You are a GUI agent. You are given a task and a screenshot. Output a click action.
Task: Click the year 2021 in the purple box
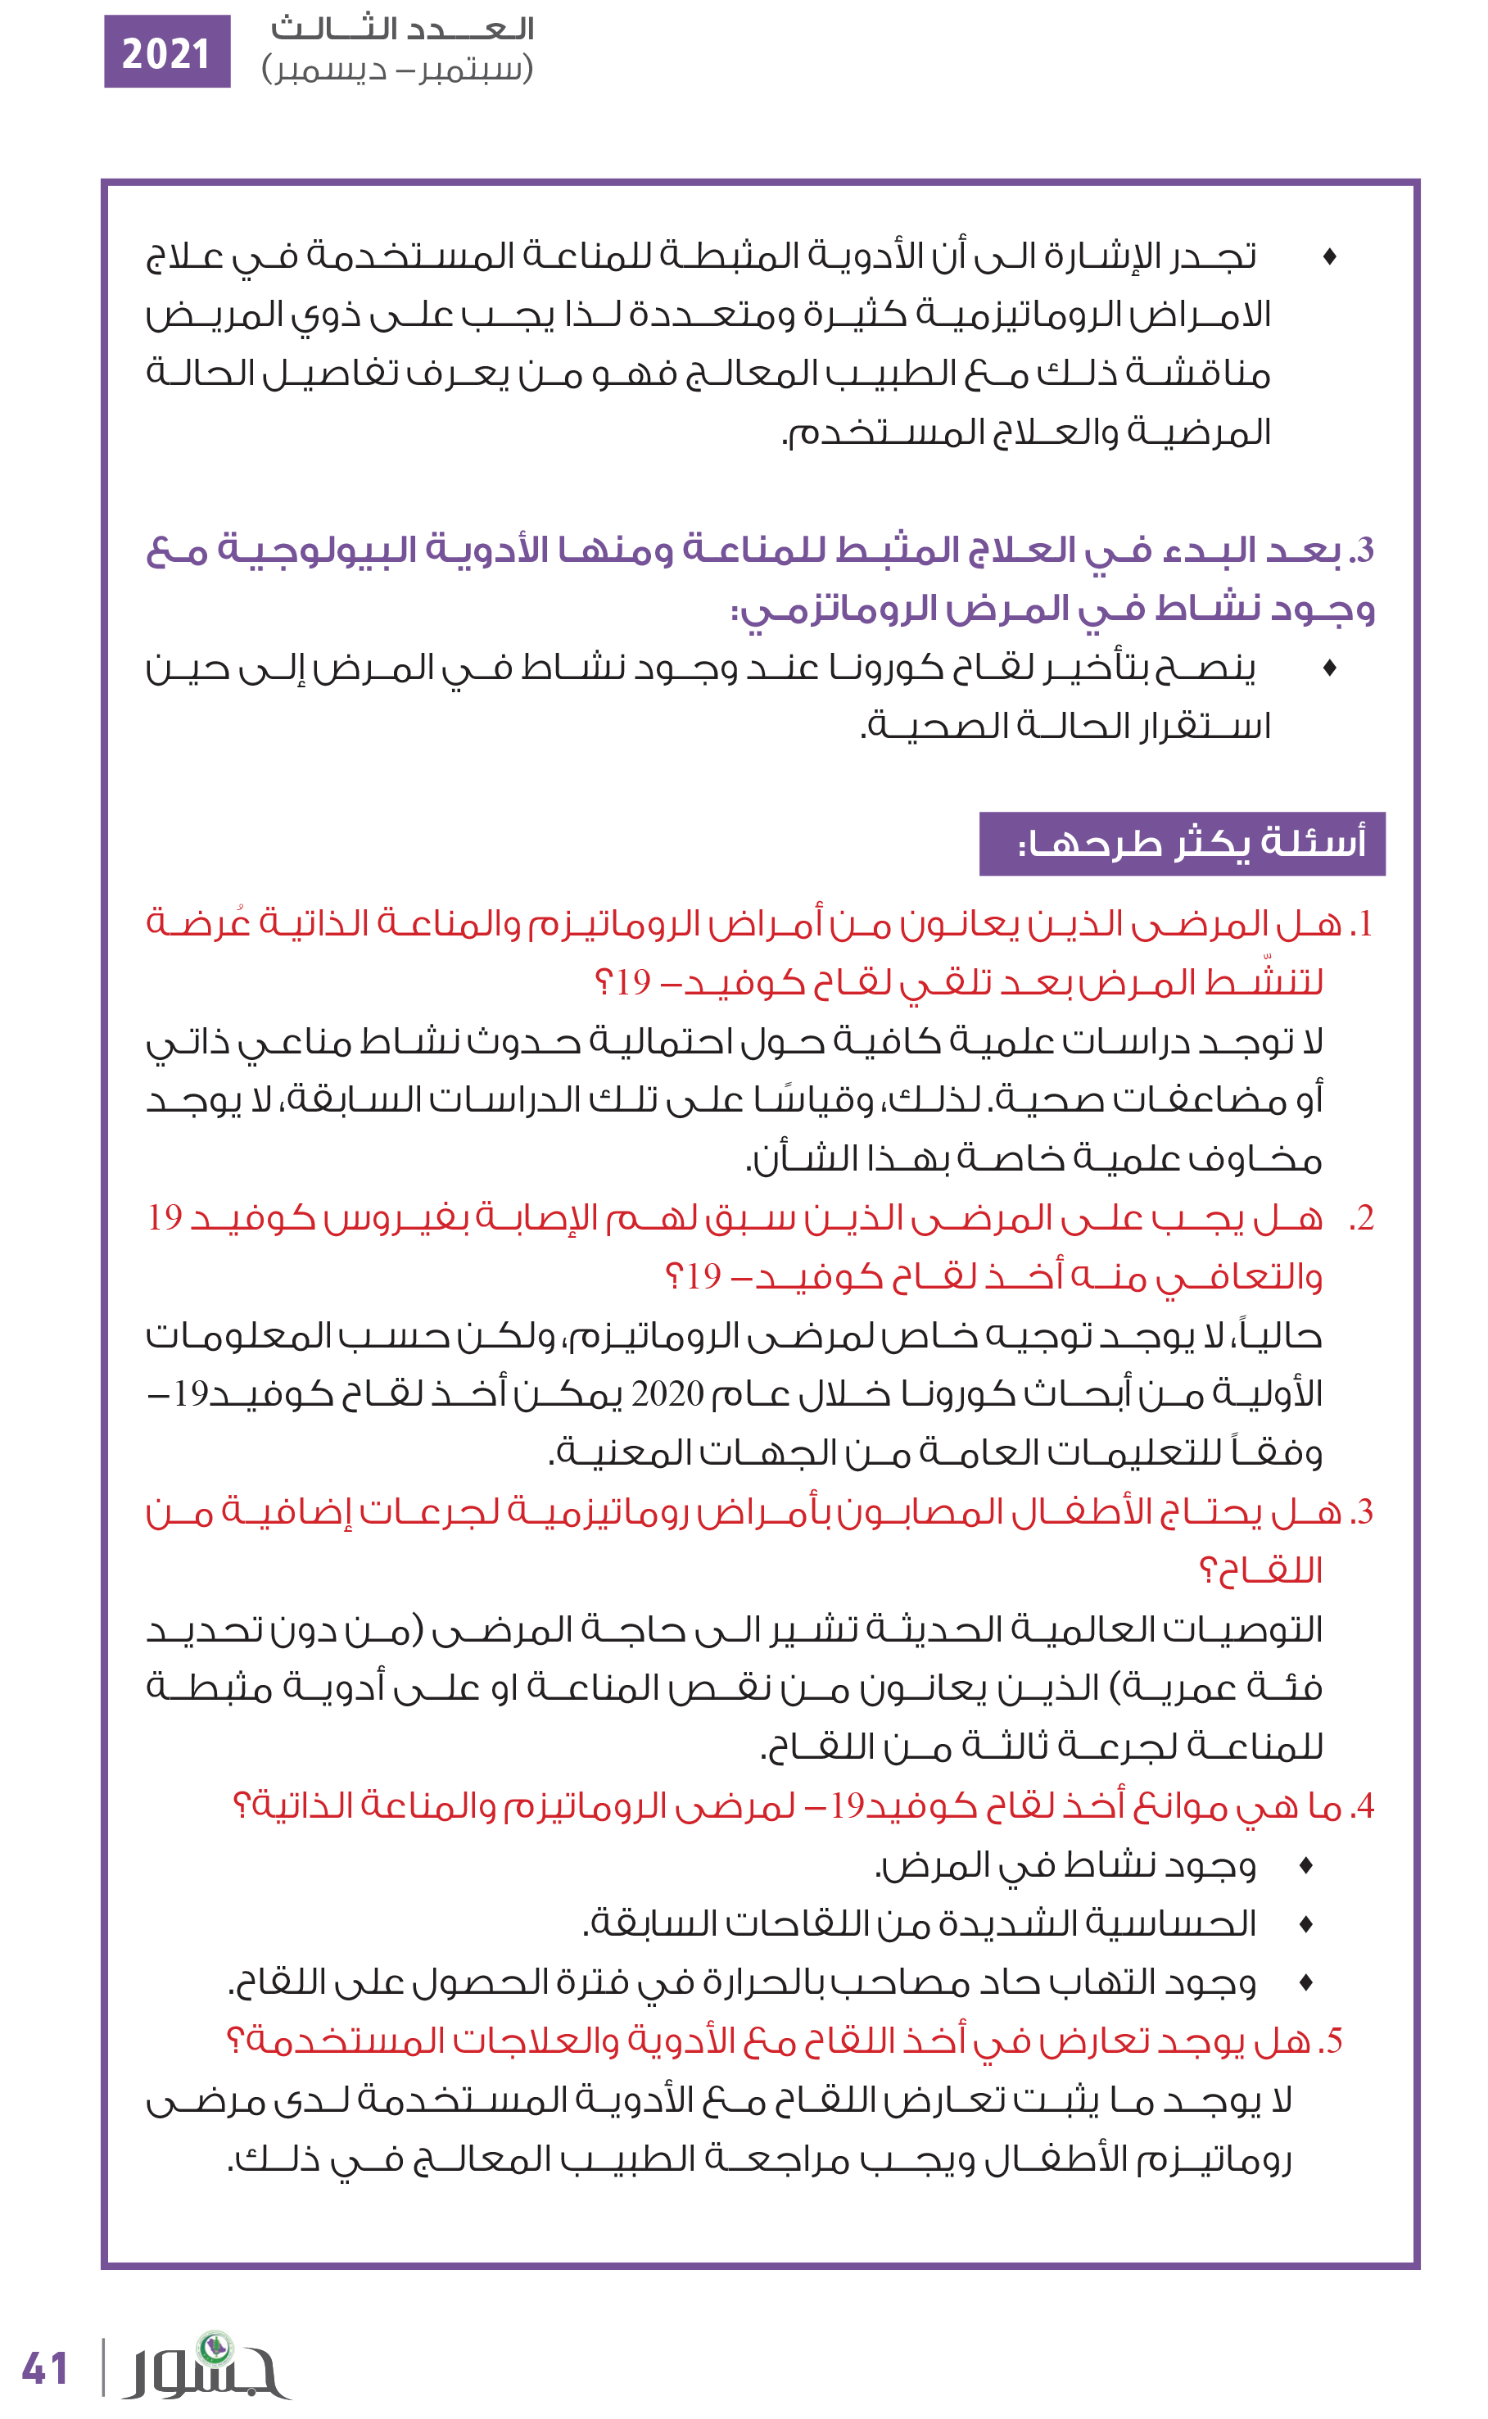166,52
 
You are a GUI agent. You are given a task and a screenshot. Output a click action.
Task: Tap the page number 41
45,2368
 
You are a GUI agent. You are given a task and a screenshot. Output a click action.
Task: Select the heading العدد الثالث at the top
403,29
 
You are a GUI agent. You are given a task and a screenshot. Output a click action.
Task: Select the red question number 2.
1362,1218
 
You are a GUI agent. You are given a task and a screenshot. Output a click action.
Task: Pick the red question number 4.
1363,1806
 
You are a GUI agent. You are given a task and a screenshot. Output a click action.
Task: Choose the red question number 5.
1332,2041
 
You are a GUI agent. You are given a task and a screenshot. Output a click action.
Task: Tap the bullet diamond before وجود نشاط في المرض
1306,1865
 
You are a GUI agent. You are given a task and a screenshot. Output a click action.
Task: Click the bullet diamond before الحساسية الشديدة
1306,1924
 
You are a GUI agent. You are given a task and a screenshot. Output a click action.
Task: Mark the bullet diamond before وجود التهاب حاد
1306,1983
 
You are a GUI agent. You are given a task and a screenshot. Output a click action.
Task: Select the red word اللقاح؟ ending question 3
1260,1570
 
